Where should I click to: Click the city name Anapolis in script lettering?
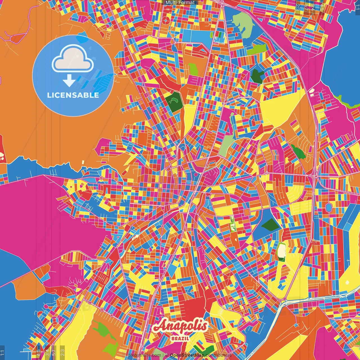tap(180, 326)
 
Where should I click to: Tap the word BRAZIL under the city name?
tap(180, 338)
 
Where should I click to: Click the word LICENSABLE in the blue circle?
tap(73, 95)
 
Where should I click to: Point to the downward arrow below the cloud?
tap(69, 81)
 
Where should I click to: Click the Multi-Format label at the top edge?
tap(180, 3)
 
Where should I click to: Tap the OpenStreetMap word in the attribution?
tap(187, 355)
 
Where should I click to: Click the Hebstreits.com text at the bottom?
tap(145, 355)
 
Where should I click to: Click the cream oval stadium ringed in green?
tap(282, 250)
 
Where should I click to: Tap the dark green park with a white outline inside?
tap(174, 100)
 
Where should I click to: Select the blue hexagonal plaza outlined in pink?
tap(328, 208)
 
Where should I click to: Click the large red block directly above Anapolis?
tap(194, 307)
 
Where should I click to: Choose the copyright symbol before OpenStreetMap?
tap(166, 355)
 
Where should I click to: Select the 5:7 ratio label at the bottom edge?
tap(54, 352)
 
